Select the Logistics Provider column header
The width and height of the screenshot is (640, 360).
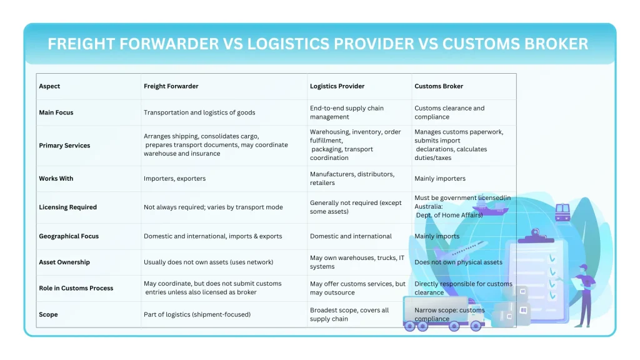[x=337, y=86]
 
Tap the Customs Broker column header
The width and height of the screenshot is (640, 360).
[x=439, y=86]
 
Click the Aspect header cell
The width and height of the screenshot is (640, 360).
[x=49, y=86]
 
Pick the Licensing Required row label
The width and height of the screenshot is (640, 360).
[x=67, y=207]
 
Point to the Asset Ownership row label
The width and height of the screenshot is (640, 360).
[x=64, y=262]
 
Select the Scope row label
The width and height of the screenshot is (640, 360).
[x=48, y=315]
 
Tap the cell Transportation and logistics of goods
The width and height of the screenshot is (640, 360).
[x=199, y=112]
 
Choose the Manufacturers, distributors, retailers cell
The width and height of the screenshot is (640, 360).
[x=352, y=179]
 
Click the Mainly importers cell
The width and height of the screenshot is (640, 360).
[x=440, y=179]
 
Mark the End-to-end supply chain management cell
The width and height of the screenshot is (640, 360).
[x=347, y=112]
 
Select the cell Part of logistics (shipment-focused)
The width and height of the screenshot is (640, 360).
[x=197, y=315]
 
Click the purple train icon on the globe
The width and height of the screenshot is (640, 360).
[x=562, y=211]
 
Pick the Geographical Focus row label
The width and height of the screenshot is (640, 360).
[x=69, y=236]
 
